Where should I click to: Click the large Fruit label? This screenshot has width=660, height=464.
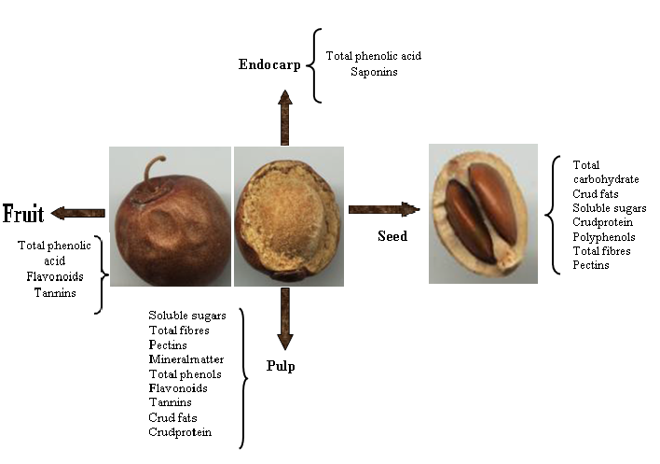coord(23,213)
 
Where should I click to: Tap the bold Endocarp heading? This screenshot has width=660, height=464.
coord(269,64)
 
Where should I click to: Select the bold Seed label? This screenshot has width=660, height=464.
coord(392,235)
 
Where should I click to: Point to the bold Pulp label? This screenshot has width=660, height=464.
coord(281,366)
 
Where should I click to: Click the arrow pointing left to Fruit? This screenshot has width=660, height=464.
coord(78,213)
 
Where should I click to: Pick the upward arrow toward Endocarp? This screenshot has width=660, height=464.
coord(285,118)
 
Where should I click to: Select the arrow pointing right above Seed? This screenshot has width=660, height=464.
coord(384,209)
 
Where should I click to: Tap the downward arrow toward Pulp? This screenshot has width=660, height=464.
coord(285,318)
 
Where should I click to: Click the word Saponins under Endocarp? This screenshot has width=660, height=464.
coord(374,72)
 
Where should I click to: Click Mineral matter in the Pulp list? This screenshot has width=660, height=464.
coord(186,359)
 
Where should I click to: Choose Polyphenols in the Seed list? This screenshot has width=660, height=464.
coord(603,237)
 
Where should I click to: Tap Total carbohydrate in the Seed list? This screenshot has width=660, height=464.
coord(606,172)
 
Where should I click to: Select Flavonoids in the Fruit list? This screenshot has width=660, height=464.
coord(55,276)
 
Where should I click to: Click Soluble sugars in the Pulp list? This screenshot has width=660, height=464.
coord(187,316)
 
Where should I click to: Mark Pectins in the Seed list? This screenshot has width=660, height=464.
coord(590,265)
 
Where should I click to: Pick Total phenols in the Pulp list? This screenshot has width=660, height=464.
coord(185,374)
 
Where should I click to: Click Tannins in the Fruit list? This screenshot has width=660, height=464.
coord(55,293)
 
